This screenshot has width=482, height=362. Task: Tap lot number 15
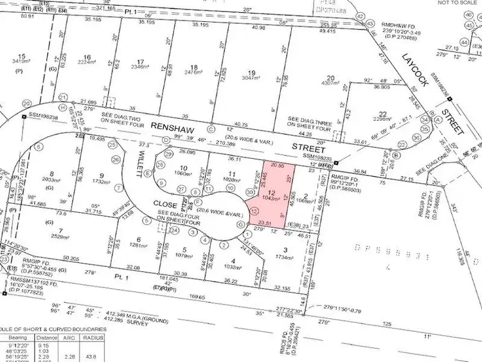[22, 57]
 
